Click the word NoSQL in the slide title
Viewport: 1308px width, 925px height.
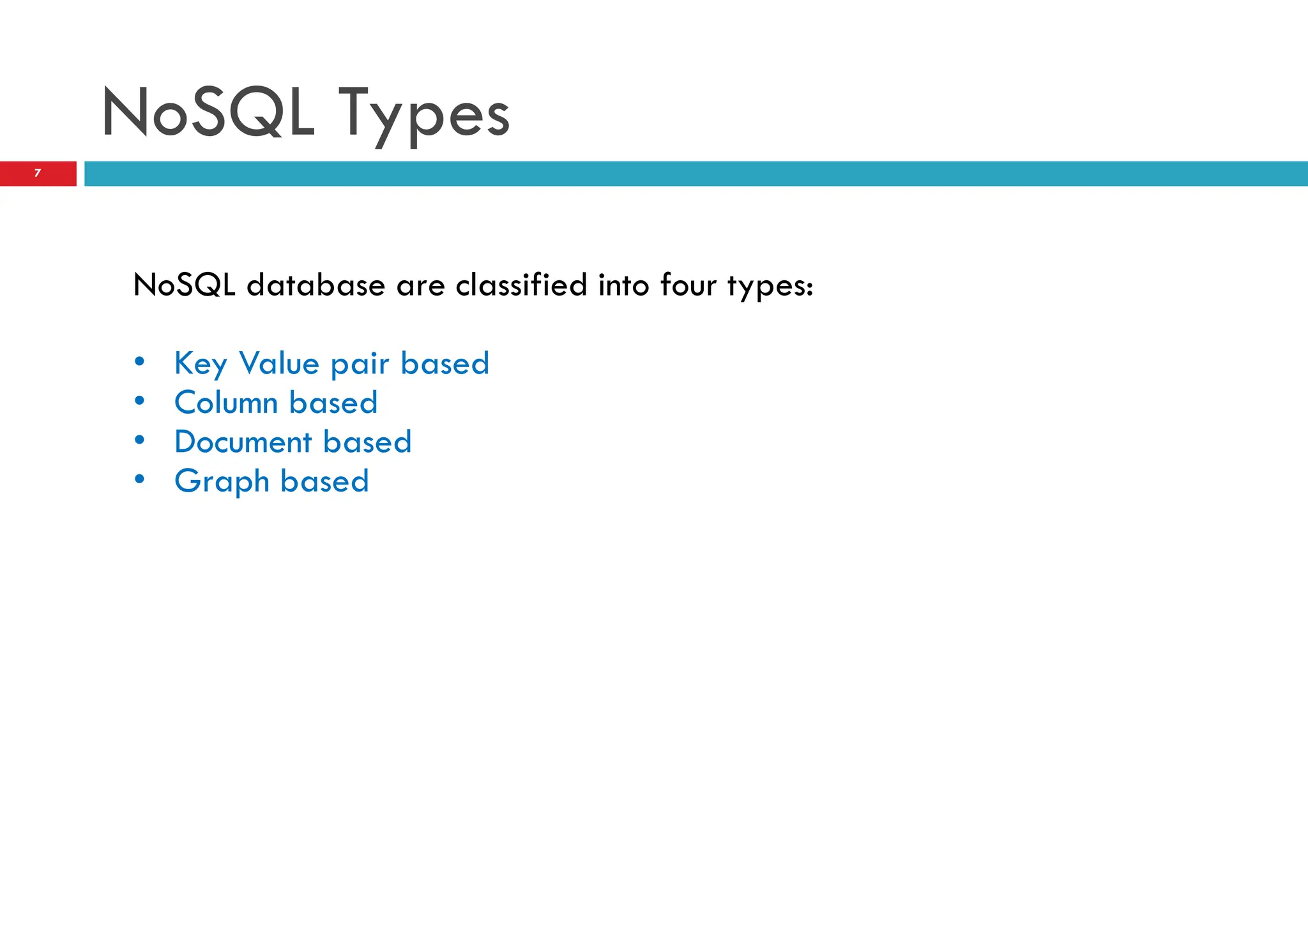click(208, 113)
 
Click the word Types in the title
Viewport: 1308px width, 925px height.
click(423, 115)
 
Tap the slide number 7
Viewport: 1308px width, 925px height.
click(38, 173)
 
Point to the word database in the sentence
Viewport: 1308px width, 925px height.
click(316, 285)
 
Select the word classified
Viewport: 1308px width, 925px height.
click(521, 285)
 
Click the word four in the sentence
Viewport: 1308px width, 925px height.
click(688, 285)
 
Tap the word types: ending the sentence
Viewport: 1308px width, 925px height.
click(770, 286)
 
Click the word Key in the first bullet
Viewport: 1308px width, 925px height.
click(201, 364)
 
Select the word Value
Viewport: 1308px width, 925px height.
click(279, 363)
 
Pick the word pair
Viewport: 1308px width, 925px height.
click(360, 365)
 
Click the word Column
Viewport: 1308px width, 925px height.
click(226, 403)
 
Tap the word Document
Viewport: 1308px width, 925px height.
click(243, 442)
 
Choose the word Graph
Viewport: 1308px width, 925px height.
click(222, 482)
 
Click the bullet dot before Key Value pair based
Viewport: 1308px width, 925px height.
click(140, 362)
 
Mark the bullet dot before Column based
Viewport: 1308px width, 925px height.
click(140, 401)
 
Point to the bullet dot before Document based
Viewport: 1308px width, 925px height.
click(140, 440)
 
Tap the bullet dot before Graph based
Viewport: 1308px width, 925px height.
click(140, 479)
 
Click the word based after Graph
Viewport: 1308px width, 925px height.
click(324, 481)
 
